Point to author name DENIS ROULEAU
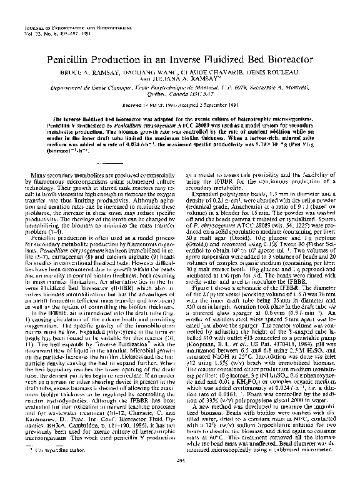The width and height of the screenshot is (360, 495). (258, 73)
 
